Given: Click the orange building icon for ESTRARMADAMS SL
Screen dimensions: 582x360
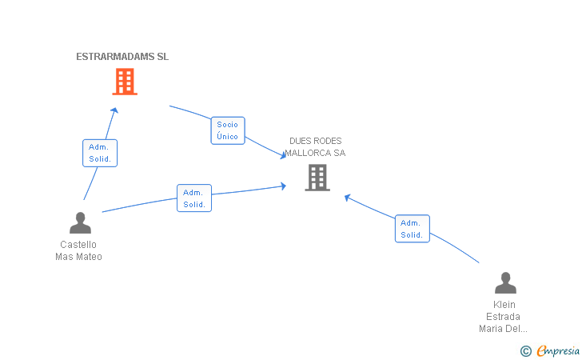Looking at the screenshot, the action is coord(125,82).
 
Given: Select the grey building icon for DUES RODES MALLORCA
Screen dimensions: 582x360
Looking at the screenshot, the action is coord(317,178).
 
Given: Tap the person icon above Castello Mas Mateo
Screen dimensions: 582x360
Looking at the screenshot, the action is coord(80,223).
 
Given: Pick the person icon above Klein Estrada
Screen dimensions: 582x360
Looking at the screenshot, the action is coord(505,282).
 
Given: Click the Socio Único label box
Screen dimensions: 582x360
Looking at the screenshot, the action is coord(228,130).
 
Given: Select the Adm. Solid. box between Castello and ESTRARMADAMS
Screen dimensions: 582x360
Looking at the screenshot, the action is coord(100,153).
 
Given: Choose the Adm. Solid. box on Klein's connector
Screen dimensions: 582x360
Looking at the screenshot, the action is coord(413,229).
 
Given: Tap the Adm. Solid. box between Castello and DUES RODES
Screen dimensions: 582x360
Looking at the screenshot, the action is coord(194,198).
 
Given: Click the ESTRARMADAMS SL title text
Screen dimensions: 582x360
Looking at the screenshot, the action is coord(122,57).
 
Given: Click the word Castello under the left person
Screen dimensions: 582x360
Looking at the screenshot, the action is coord(78,245).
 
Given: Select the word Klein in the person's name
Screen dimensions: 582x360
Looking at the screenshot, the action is coord(504,305).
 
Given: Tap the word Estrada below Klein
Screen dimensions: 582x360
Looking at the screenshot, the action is coord(503,317).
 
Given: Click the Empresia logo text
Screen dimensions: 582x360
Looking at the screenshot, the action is coord(558,350).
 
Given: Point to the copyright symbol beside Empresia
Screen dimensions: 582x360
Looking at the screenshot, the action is coord(525,351).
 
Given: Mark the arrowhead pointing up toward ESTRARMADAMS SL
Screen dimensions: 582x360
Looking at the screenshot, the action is coord(115,110).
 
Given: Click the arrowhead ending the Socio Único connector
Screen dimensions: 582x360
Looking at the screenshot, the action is coord(283,155).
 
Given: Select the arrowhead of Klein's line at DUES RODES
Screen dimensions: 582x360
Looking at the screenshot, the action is coord(348,198).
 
